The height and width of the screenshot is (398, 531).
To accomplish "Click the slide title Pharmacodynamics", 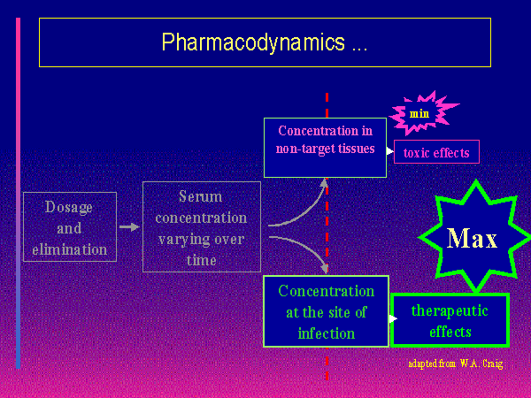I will pyautogui.click(x=264, y=42).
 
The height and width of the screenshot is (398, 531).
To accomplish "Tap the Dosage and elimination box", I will pyautogui.click(x=69, y=227).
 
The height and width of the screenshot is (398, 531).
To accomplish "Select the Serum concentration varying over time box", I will pyautogui.click(x=201, y=227).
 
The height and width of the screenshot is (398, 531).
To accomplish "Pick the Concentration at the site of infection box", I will pyautogui.click(x=326, y=312).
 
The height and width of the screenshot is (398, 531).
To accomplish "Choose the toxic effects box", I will pyautogui.click(x=436, y=152).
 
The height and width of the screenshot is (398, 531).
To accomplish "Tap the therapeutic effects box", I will pyautogui.click(x=450, y=320).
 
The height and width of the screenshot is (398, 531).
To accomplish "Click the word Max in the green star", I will pyautogui.click(x=472, y=238).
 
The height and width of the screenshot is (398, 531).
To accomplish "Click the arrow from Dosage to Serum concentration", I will pyautogui.click(x=129, y=227).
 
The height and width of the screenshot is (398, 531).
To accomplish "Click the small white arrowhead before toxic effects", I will pyautogui.click(x=390, y=151).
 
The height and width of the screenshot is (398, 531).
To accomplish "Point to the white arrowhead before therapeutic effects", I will pyautogui.click(x=392, y=318).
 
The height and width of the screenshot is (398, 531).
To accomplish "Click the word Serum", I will pyautogui.click(x=201, y=197).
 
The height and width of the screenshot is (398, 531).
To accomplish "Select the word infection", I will pyautogui.click(x=326, y=333).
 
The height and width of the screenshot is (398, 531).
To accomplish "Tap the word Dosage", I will pyautogui.click(x=69, y=207).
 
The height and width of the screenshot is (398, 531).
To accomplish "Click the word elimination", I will pyautogui.click(x=69, y=249).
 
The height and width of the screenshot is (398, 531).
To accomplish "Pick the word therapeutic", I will pyautogui.click(x=450, y=310).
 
